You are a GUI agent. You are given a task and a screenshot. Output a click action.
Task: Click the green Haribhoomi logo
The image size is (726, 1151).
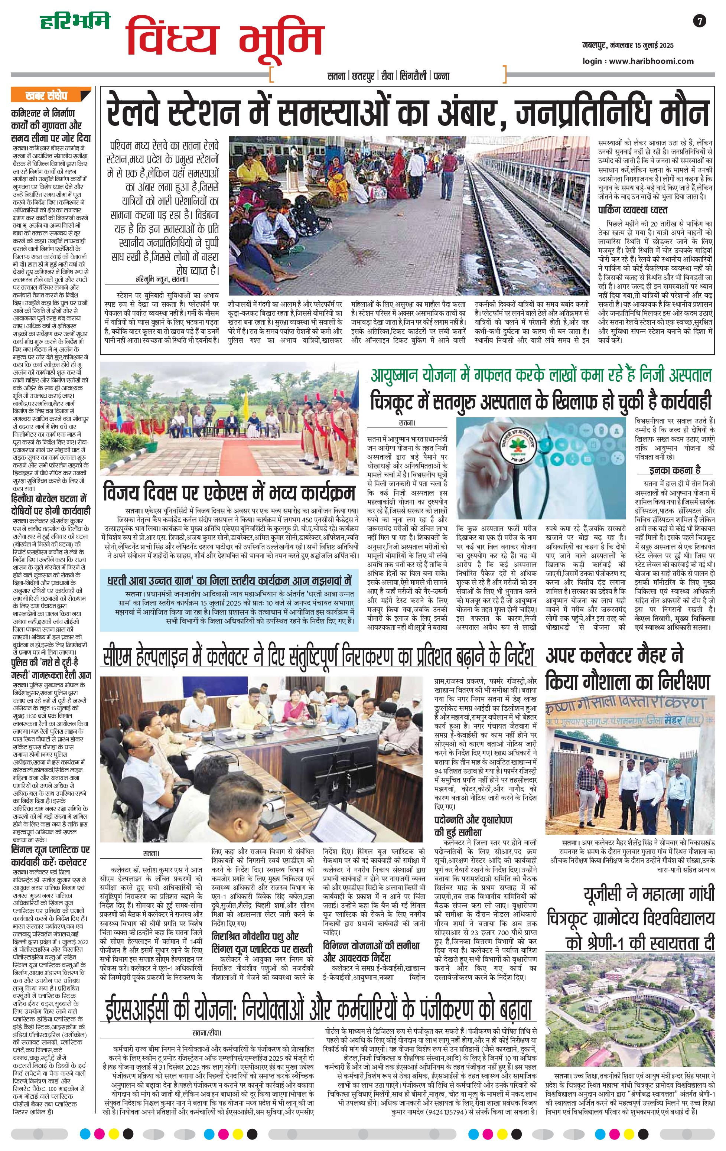coord(74,21)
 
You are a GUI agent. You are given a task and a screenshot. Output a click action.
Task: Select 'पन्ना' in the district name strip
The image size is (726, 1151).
coord(441,75)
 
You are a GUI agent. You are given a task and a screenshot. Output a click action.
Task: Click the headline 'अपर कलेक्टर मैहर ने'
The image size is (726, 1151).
coord(615,655)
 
